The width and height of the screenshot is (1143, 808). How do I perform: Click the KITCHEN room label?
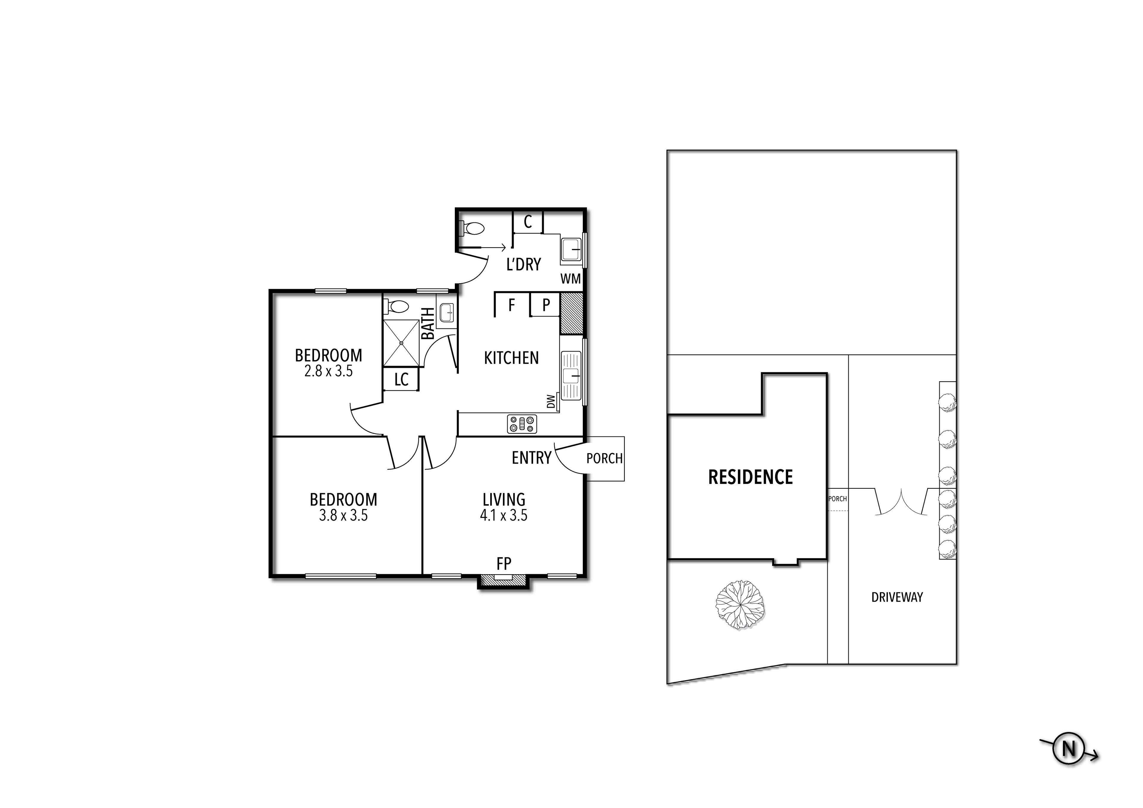511,358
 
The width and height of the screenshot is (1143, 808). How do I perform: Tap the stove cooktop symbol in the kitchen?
522,424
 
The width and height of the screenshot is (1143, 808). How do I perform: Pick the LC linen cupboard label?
401,380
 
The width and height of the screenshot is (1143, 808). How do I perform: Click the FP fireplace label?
504,564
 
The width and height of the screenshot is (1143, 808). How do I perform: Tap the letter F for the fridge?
511,305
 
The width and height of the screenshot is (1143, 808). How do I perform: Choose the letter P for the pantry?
546,305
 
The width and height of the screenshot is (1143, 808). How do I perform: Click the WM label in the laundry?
571,279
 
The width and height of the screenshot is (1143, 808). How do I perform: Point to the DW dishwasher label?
551,401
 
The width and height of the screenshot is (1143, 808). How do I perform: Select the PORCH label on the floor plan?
604,458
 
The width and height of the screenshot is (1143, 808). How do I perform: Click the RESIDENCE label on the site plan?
750,477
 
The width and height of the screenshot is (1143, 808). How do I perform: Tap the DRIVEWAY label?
897,597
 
